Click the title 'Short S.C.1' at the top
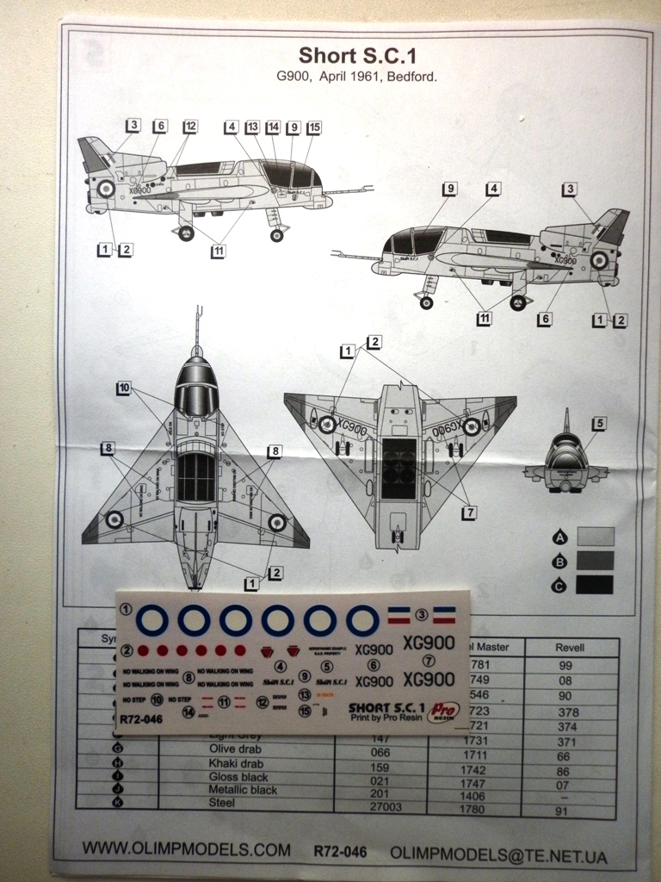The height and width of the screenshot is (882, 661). click(357, 56)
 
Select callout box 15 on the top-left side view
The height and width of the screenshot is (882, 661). click(314, 127)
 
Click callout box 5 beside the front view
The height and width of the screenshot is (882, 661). click(599, 423)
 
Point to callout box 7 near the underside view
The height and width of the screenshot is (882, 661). click(469, 512)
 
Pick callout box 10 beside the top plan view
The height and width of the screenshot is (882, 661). click(125, 388)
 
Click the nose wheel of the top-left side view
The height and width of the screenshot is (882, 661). click(276, 235)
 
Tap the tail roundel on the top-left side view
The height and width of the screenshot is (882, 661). click(106, 188)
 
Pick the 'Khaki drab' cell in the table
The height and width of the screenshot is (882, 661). click(210, 763)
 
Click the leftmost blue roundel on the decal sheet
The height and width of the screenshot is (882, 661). click(153, 619)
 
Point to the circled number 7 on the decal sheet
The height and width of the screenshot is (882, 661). click(429, 661)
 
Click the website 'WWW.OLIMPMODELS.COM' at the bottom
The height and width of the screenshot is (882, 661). click(186, 849)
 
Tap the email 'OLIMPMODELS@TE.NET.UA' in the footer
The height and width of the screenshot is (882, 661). click(498, 854)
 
